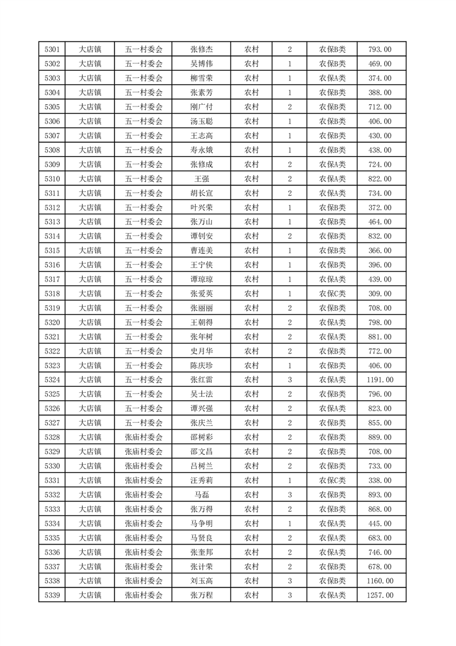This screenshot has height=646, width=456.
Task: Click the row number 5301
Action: [52, 50]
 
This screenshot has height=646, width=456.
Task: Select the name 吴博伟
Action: [201, 64]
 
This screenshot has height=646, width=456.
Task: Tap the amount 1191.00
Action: [380, 379]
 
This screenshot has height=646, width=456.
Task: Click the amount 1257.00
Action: [380, 595]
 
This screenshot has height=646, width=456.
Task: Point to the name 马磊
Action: [201, 495]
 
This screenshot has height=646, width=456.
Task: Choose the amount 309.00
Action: [380, 294]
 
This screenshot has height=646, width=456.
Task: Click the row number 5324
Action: [52, 379]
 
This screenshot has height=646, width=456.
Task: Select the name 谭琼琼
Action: [201, 279]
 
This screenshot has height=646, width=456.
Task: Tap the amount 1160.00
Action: [380, 580]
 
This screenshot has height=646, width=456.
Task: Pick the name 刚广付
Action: [201, 107]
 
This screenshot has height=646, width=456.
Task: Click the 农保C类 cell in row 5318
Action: [332, 294]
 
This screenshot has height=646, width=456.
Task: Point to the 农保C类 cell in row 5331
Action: [332, 480]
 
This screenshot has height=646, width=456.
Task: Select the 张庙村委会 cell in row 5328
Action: [144, 437]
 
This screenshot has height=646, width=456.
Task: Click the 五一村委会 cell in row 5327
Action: [144, 423]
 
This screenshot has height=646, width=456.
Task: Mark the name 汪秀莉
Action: [201, 480]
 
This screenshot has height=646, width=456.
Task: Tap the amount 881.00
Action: [380, 337]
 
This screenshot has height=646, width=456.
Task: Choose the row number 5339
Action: [52, 595]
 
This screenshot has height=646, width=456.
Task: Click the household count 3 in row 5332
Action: [289, 495]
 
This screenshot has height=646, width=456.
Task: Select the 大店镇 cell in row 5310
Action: [90, 179]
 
